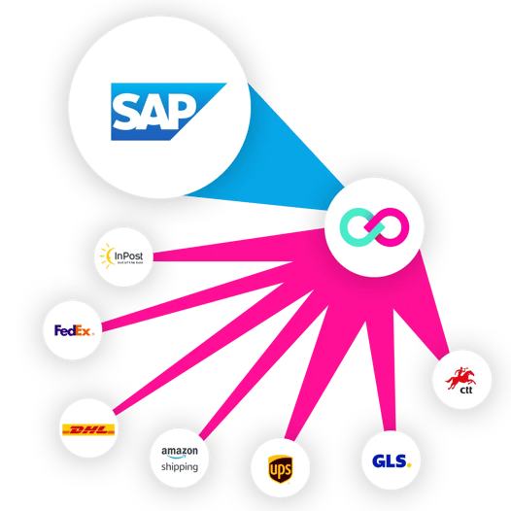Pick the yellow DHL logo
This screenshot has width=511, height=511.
(x=88, y=428)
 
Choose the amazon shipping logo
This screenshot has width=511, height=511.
(x=180, y=459)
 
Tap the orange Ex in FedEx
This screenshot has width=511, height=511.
(x=84, y=330)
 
